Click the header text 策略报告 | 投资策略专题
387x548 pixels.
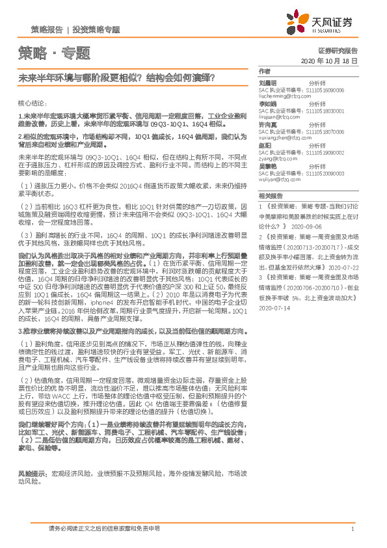(x=75, y=30)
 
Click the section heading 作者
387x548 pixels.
(x=264, y=70)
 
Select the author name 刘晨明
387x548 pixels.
(x=268, y=83)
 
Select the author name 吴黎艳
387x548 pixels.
(x=268, y=167)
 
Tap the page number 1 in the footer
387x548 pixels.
(x=352, y=528)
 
